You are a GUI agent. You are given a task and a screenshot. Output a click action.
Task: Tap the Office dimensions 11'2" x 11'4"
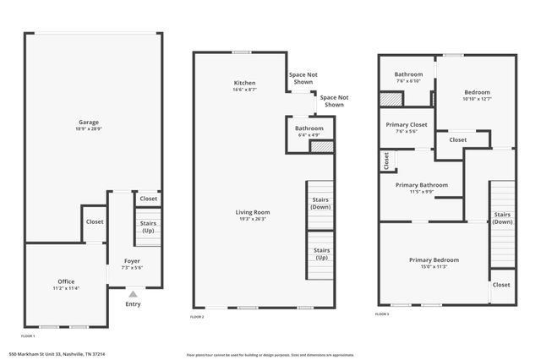[66, 288]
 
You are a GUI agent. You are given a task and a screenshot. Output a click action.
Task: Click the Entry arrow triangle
[132, 293]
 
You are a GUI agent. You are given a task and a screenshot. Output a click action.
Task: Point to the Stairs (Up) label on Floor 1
[148, 226]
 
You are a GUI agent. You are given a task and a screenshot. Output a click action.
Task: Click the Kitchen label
[245, 82]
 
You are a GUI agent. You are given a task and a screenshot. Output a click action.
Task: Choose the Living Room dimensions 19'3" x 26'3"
[253, 219]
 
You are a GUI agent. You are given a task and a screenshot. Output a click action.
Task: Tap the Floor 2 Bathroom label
[309, 128]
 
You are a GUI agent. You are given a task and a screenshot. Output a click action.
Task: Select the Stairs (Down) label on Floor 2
[321, 203]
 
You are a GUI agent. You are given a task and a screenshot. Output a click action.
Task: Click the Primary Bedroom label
[434, 259]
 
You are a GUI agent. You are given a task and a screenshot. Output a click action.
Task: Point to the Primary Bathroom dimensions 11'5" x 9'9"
[421, 192]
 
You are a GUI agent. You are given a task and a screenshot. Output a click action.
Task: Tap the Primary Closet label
[407, 124]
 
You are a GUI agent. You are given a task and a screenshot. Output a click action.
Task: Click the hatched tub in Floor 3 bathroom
[391, 99]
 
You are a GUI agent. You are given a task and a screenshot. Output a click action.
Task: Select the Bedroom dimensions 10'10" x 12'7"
[476, 99]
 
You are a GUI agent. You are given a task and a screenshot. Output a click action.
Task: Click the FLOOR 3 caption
[383, 314]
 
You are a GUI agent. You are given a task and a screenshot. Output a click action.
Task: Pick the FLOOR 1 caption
[29, 336]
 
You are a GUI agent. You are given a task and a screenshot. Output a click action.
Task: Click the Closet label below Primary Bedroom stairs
[501, 285]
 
